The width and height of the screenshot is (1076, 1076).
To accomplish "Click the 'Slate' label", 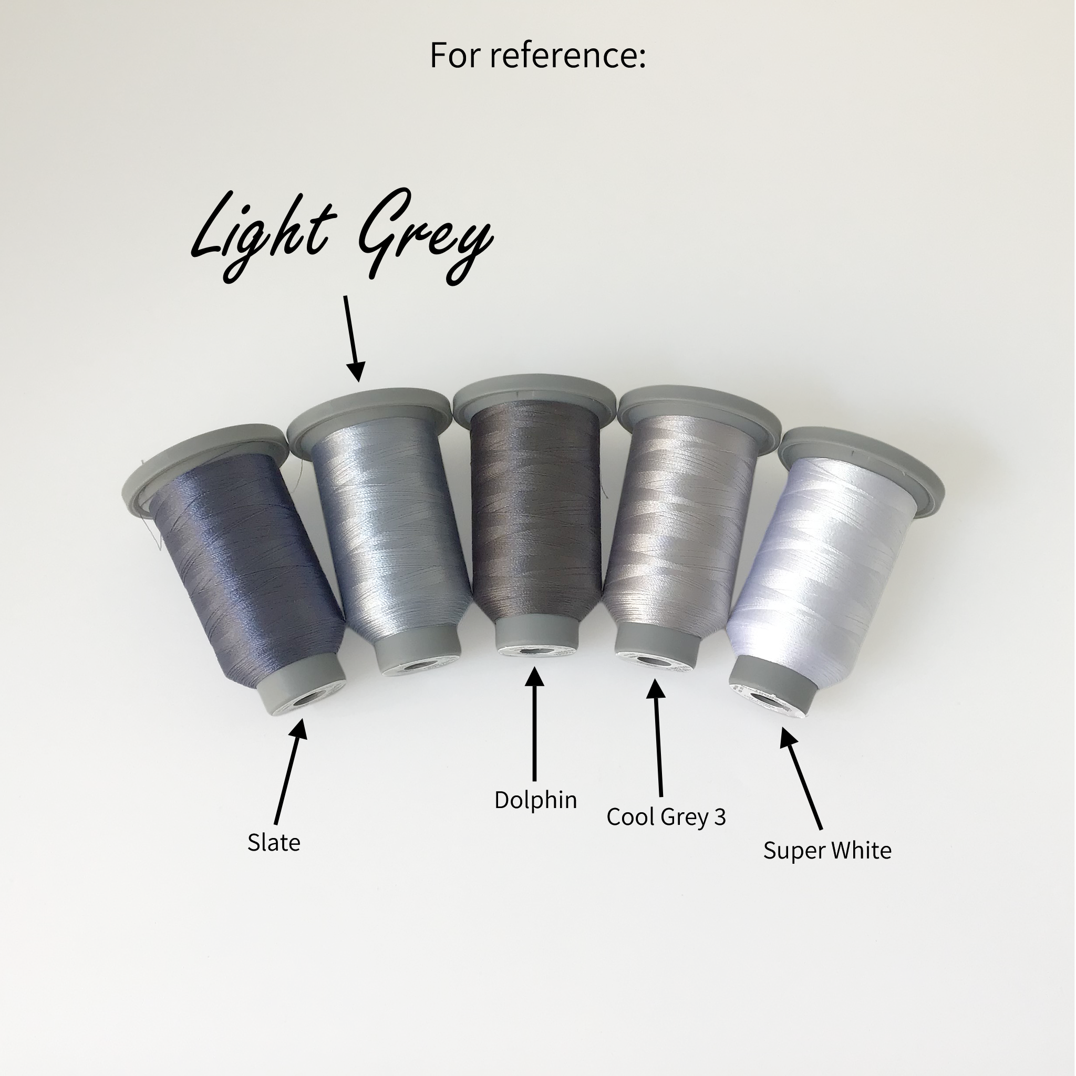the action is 273,843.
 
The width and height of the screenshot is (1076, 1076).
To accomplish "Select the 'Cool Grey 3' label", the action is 666,817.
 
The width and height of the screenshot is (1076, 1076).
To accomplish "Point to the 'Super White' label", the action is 827,851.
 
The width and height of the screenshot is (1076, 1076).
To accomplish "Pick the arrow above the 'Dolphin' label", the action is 535,725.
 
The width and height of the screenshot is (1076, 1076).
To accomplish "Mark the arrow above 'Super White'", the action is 800,779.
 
